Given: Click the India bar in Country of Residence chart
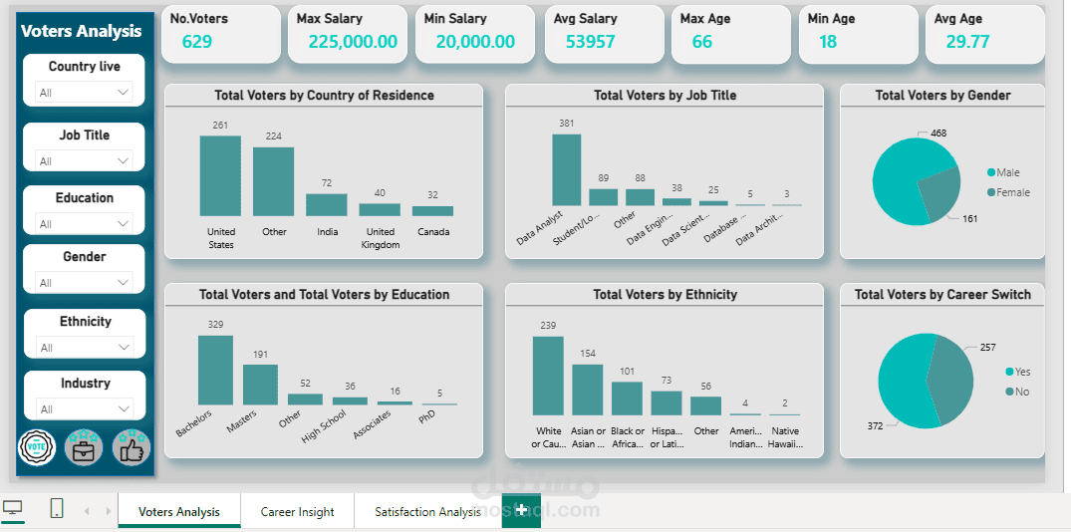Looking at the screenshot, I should click(326, 204).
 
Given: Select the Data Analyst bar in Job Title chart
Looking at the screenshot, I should click(566, 169).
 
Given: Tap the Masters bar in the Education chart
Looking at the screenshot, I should click(260, 384).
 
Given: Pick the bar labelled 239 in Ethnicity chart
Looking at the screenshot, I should click(548, 375).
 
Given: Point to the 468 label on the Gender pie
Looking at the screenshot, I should click(938, 133).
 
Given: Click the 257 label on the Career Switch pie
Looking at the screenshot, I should click(987, 348).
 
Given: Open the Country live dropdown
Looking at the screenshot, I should click(85, 92).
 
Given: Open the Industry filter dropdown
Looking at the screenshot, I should click(85, 408).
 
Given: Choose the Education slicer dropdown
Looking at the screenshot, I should click(85, 223).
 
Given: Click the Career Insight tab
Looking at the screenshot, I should click(297, 512).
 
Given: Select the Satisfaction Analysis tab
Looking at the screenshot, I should click(427, 512).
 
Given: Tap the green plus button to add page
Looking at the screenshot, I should click(520, 510).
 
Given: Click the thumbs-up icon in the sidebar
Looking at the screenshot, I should click(131, 448).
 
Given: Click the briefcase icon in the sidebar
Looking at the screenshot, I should click(84, 448).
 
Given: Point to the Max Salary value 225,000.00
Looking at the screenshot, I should click(352, 42).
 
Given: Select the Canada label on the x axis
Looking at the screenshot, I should click(433, 232).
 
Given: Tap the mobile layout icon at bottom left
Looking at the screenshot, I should click(57, 509).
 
